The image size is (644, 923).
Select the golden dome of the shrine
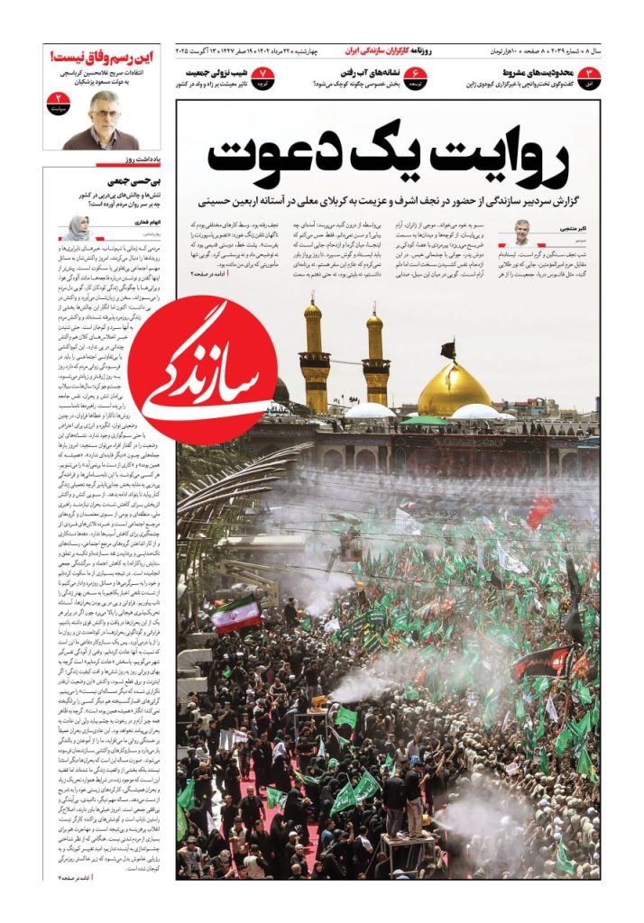[x=454, y=388]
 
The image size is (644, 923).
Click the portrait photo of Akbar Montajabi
[x=522, y=233]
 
